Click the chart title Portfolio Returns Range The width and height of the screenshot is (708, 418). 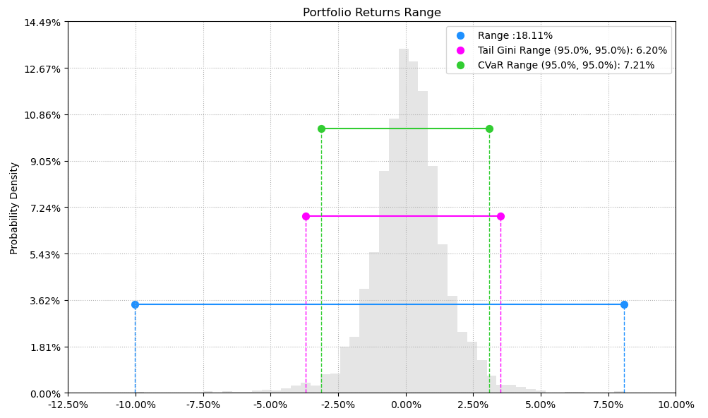tap(371, 13)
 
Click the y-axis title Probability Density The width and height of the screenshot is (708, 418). tap(14, 208)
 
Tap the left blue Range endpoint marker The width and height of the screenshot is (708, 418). tap(135, 304)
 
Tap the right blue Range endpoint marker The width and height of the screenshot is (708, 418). tap(624, 304)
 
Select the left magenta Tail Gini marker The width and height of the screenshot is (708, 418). tap(306, 216)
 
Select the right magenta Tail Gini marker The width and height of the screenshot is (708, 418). tap(500, 216)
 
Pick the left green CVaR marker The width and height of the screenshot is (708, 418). tap(321, 129)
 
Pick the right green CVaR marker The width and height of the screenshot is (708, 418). tap(489, 129)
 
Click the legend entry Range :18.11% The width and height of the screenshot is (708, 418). tap(515, 35)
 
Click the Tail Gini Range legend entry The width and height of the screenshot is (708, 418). tap(572, 50)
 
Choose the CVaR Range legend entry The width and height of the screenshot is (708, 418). tap(565, 65)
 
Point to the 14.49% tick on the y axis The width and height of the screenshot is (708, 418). tap(44, 23)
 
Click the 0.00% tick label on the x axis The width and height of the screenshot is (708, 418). tap(406, 405)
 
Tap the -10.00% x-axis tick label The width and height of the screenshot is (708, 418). tap(136, 405)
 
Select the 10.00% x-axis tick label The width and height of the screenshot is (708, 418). tap(676, 405)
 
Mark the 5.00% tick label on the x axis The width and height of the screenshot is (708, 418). tap(541, 405)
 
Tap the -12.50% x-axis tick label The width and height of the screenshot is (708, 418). tap(68, 405)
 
